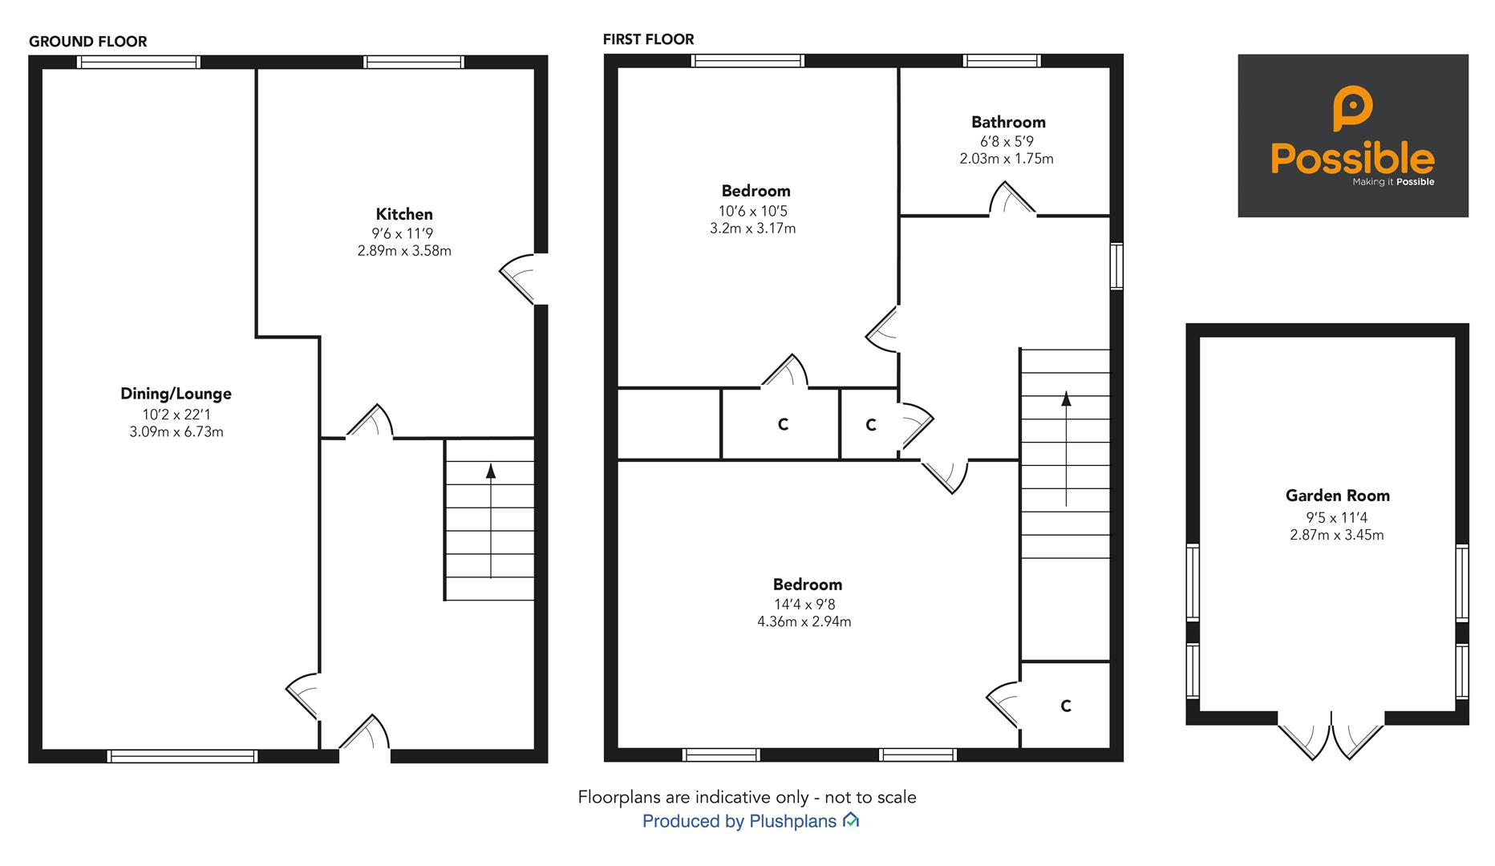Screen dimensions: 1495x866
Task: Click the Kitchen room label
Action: point(404,214)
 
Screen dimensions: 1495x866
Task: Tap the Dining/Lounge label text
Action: point(176,394)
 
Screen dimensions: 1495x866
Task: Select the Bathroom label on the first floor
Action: point(1008,122)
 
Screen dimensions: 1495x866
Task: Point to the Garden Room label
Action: point(1337,496)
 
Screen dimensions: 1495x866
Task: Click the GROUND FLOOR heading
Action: point(88,42)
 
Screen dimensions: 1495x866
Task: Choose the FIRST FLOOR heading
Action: point(648,39)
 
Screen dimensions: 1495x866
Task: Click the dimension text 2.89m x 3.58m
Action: point(404,251)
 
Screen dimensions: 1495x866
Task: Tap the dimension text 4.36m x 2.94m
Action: point(804,621)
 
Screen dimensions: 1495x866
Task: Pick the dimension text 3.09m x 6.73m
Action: point(176,432)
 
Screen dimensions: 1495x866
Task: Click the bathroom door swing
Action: point(1011,199)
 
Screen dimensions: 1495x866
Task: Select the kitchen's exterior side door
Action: point(519,278)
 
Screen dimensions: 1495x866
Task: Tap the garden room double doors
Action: point(1331,738)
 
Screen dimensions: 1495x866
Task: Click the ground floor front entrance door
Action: point(364,734)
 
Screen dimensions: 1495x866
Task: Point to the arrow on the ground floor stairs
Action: point(491,520)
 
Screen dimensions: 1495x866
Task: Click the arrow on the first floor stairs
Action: point(1066,448)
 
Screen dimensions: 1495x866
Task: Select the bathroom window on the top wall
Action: point(1002,61)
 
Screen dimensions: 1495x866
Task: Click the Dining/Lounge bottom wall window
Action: point(182,756)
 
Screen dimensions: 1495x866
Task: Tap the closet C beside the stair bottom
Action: point(1065,706)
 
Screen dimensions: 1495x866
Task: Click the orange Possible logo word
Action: point(1352,159)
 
